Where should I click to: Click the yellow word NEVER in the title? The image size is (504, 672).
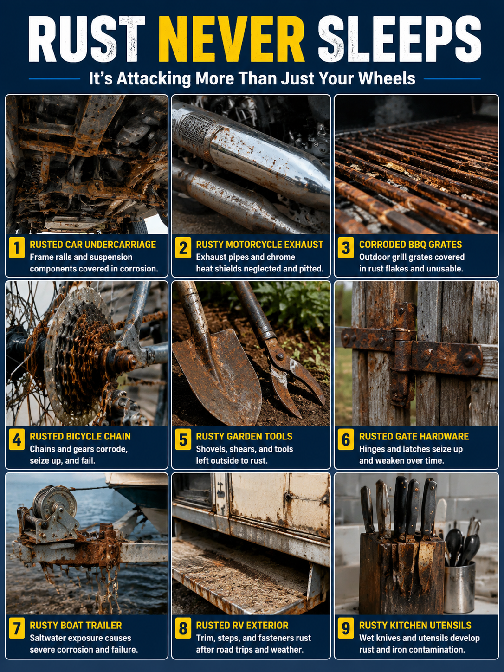coord(232,39)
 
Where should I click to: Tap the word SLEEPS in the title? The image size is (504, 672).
coord(399,39)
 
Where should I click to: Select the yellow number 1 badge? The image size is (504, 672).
coord(17,247)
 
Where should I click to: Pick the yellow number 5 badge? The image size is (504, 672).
coord(183,439)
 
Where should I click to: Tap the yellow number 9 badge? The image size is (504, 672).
coord(346,628)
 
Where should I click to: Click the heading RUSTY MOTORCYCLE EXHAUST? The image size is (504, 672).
coord(259,244)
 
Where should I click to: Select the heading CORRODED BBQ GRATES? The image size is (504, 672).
coord(410,244)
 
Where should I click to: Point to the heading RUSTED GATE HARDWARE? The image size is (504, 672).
coord(414,436)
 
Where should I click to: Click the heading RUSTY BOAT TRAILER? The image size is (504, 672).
coord(76,625)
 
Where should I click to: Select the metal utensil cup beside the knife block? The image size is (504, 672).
coord(459,588)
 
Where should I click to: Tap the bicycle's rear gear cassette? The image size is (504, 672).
coord(81,355)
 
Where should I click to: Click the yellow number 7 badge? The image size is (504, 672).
coord(17,628)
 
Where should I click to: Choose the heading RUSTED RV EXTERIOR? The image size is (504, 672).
coord(242,625)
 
